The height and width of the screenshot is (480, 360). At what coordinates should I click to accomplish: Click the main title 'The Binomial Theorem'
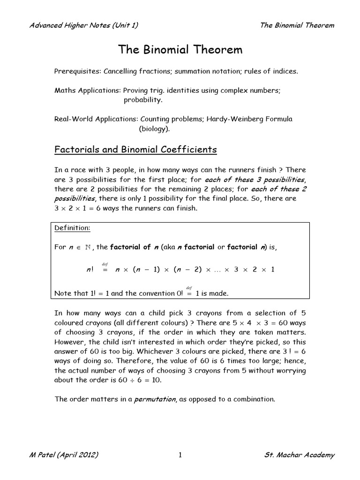click(x=180, y=49)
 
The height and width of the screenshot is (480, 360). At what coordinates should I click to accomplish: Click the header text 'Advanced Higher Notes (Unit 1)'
click(x=83, y=25)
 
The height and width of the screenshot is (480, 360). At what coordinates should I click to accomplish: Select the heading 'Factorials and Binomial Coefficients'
click(x=135, y=150)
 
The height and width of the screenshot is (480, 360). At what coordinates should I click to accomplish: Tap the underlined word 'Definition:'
click(x=72, y=227)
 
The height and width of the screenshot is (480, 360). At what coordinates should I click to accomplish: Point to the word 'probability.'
click(x=143, y=100)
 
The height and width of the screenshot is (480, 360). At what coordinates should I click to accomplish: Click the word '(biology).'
click(x=154, y=128)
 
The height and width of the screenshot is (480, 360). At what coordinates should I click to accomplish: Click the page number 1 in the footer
click(x=180, y=456)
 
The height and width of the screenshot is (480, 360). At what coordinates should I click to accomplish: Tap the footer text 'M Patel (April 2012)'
click(x=64, y=456)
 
